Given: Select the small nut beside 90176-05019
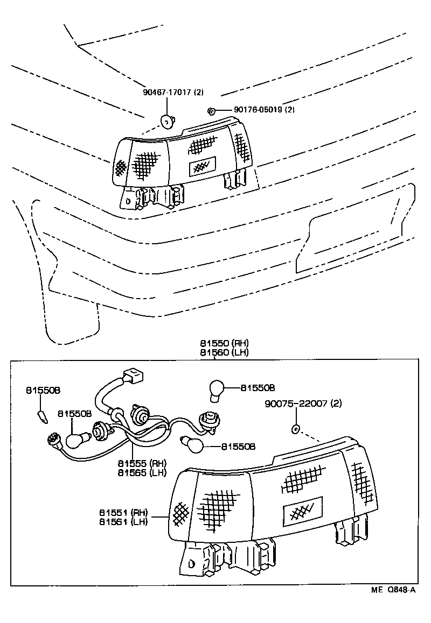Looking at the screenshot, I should [x=211, y=111].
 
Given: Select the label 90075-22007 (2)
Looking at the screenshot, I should [x=303, y=403].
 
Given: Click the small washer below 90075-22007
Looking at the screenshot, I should [x=295, y=429].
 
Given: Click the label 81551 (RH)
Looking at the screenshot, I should [x=123, y=512].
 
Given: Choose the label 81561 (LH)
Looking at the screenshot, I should [x=123, y=521].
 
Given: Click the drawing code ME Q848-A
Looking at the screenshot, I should [x=393, y=590].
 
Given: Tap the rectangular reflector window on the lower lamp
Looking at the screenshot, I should [x=303, y=508].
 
